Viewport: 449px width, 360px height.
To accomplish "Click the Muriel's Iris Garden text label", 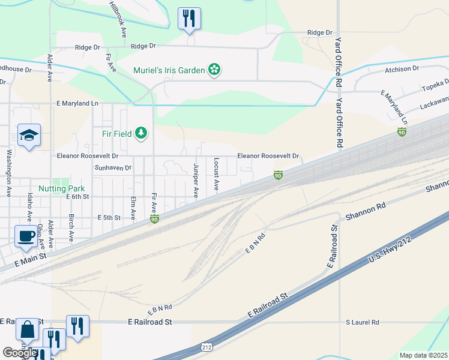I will coord(169,70).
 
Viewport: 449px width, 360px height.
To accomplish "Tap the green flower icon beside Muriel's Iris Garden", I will coord(214,70).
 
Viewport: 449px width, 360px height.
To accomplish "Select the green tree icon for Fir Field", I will coord(140,132).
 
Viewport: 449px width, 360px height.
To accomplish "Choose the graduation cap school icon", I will coord(28,135).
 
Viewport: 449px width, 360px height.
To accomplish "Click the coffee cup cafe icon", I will coord(26,235).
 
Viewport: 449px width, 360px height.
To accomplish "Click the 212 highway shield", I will coord(206,347).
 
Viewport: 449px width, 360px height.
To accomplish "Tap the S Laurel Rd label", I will coord(362,322).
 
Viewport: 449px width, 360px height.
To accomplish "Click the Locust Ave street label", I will coord(215,175).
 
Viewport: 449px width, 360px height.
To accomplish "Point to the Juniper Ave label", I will coord(196,179).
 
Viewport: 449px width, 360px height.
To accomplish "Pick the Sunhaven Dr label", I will coord(113,168).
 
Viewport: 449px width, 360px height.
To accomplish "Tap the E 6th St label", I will coord(77,196).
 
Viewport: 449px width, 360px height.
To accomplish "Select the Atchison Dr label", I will coord(402,69).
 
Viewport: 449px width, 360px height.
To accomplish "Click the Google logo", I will coord(19,353).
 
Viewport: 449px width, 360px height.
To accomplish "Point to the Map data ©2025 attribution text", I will coord(423,355).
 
